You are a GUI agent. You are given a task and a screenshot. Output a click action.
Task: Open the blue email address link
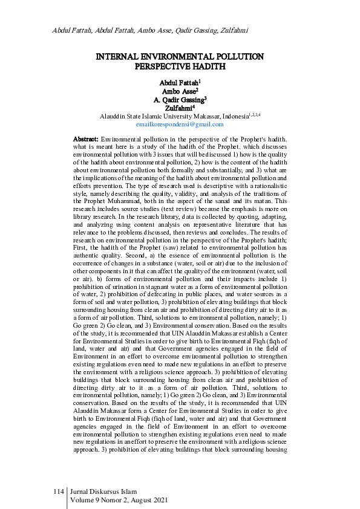[x=180, y=124]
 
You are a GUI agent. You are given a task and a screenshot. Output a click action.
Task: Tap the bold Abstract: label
[x=86, y=140]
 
